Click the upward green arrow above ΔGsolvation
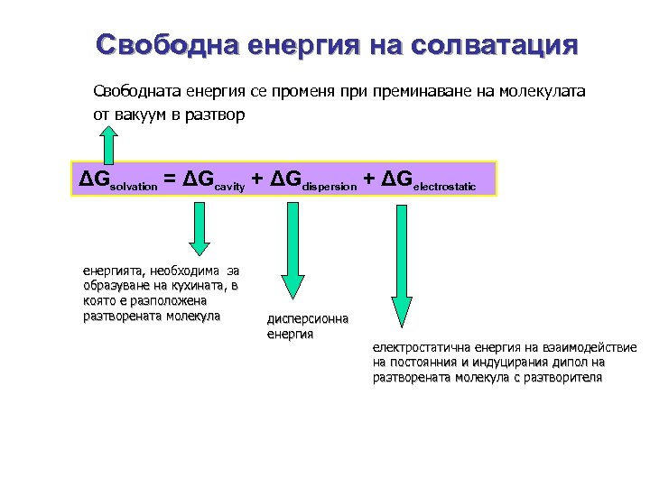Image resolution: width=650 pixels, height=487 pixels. [108, 143]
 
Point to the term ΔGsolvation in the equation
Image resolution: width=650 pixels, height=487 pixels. [118, 180]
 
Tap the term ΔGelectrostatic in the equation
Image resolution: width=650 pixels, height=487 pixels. [429, 180]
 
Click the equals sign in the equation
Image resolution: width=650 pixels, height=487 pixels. [170, 179]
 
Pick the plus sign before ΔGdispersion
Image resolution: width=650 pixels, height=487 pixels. [257, 179]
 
